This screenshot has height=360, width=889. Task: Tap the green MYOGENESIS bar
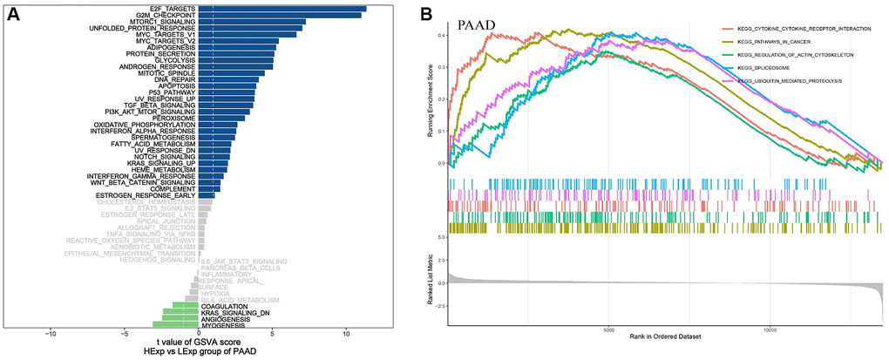(175, 325)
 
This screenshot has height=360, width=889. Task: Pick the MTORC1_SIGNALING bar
(252, 22)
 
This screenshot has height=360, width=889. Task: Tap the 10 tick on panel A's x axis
(346, 333)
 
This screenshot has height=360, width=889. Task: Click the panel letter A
(13, 15)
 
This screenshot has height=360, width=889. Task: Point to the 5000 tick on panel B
(608, 330)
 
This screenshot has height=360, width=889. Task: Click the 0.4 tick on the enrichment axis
(442, 35)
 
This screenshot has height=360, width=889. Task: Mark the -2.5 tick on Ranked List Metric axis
(440, 306)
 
